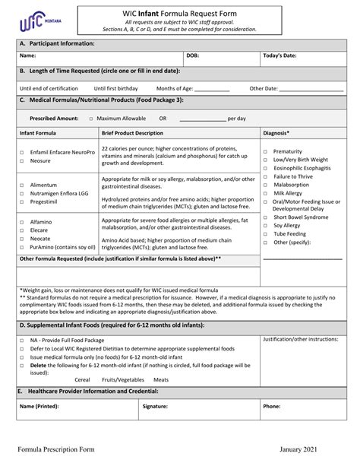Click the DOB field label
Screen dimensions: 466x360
click(194, 56)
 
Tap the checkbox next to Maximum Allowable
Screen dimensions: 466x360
click(91, 119)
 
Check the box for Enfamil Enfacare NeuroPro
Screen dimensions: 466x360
click(21, 153)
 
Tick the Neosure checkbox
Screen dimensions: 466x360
click(21, 161)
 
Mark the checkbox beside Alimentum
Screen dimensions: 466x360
click(21, 185)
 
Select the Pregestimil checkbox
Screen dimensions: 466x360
click(21, 202)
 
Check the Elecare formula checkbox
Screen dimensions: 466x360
click(21, 230)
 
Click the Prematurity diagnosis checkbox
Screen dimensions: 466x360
click(265, 152)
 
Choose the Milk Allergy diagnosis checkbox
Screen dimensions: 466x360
click(265, 193)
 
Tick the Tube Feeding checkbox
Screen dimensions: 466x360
click(265, 234)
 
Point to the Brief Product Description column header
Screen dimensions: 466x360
click(132, 132)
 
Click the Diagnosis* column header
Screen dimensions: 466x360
click(276, 132)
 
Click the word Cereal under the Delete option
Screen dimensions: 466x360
click(83, 379)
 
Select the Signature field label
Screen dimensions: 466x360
click(155, 406)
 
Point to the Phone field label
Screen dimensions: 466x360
click(271, 406)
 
